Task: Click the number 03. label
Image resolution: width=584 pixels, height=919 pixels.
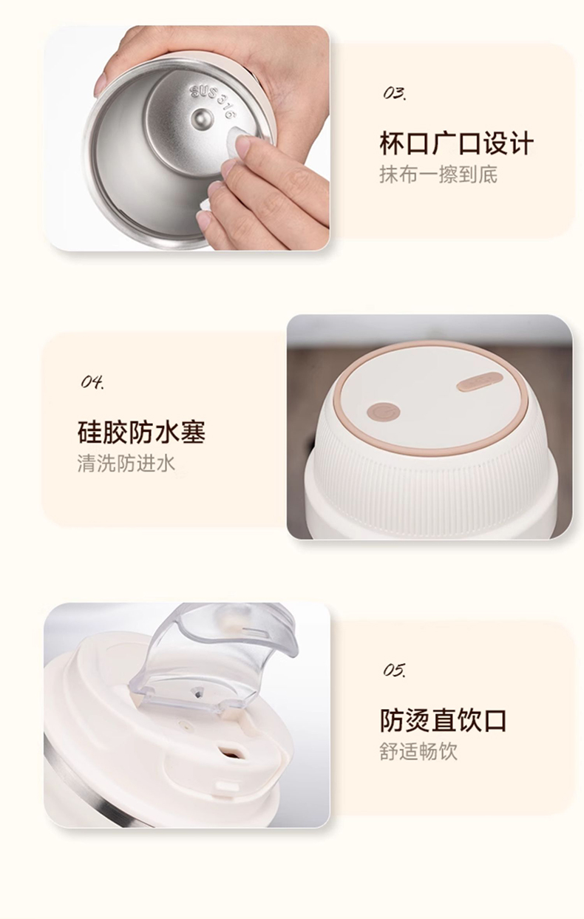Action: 395,93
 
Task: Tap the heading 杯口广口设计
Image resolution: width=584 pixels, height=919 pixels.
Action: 456,143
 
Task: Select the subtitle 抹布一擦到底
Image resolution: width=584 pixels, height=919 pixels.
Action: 438,174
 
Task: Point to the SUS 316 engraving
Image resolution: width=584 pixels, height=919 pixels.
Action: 212,101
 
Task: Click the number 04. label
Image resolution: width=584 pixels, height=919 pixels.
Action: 92,382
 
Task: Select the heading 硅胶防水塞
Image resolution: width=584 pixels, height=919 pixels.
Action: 141,432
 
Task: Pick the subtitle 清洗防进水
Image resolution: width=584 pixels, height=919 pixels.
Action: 126,463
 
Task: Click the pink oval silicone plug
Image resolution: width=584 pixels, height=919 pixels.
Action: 480,381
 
